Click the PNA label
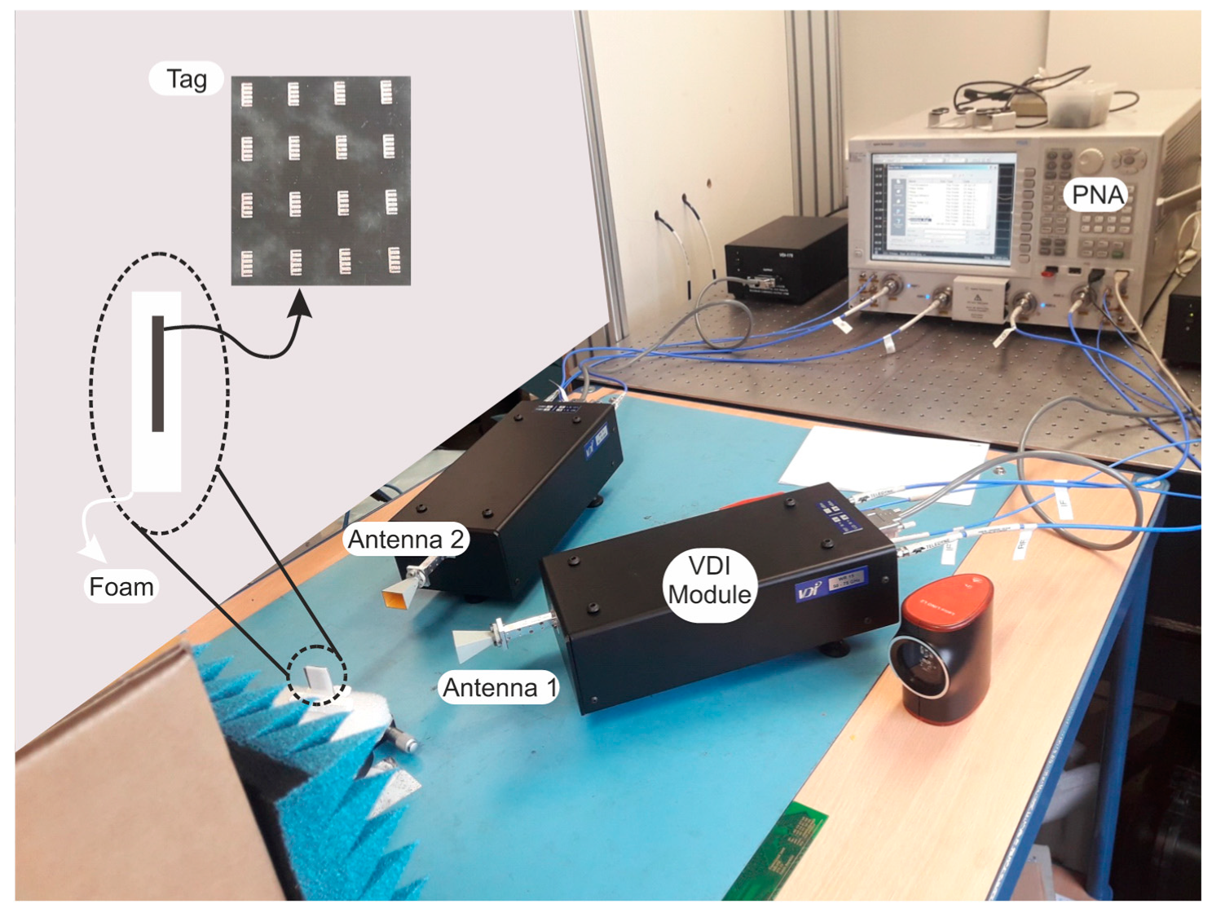(x=1097, y=195)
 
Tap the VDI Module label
(x=709, y=580)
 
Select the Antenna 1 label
(x=500, y=688)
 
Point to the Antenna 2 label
(x=405, y=540)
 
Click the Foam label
(x=121, y=587)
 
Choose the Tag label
(x=187, y=79)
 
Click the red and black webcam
(x=945, y=648)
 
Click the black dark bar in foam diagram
(x=158, y=373)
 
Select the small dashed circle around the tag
(x=317, y=675)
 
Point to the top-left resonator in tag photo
(x=247, y=95)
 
